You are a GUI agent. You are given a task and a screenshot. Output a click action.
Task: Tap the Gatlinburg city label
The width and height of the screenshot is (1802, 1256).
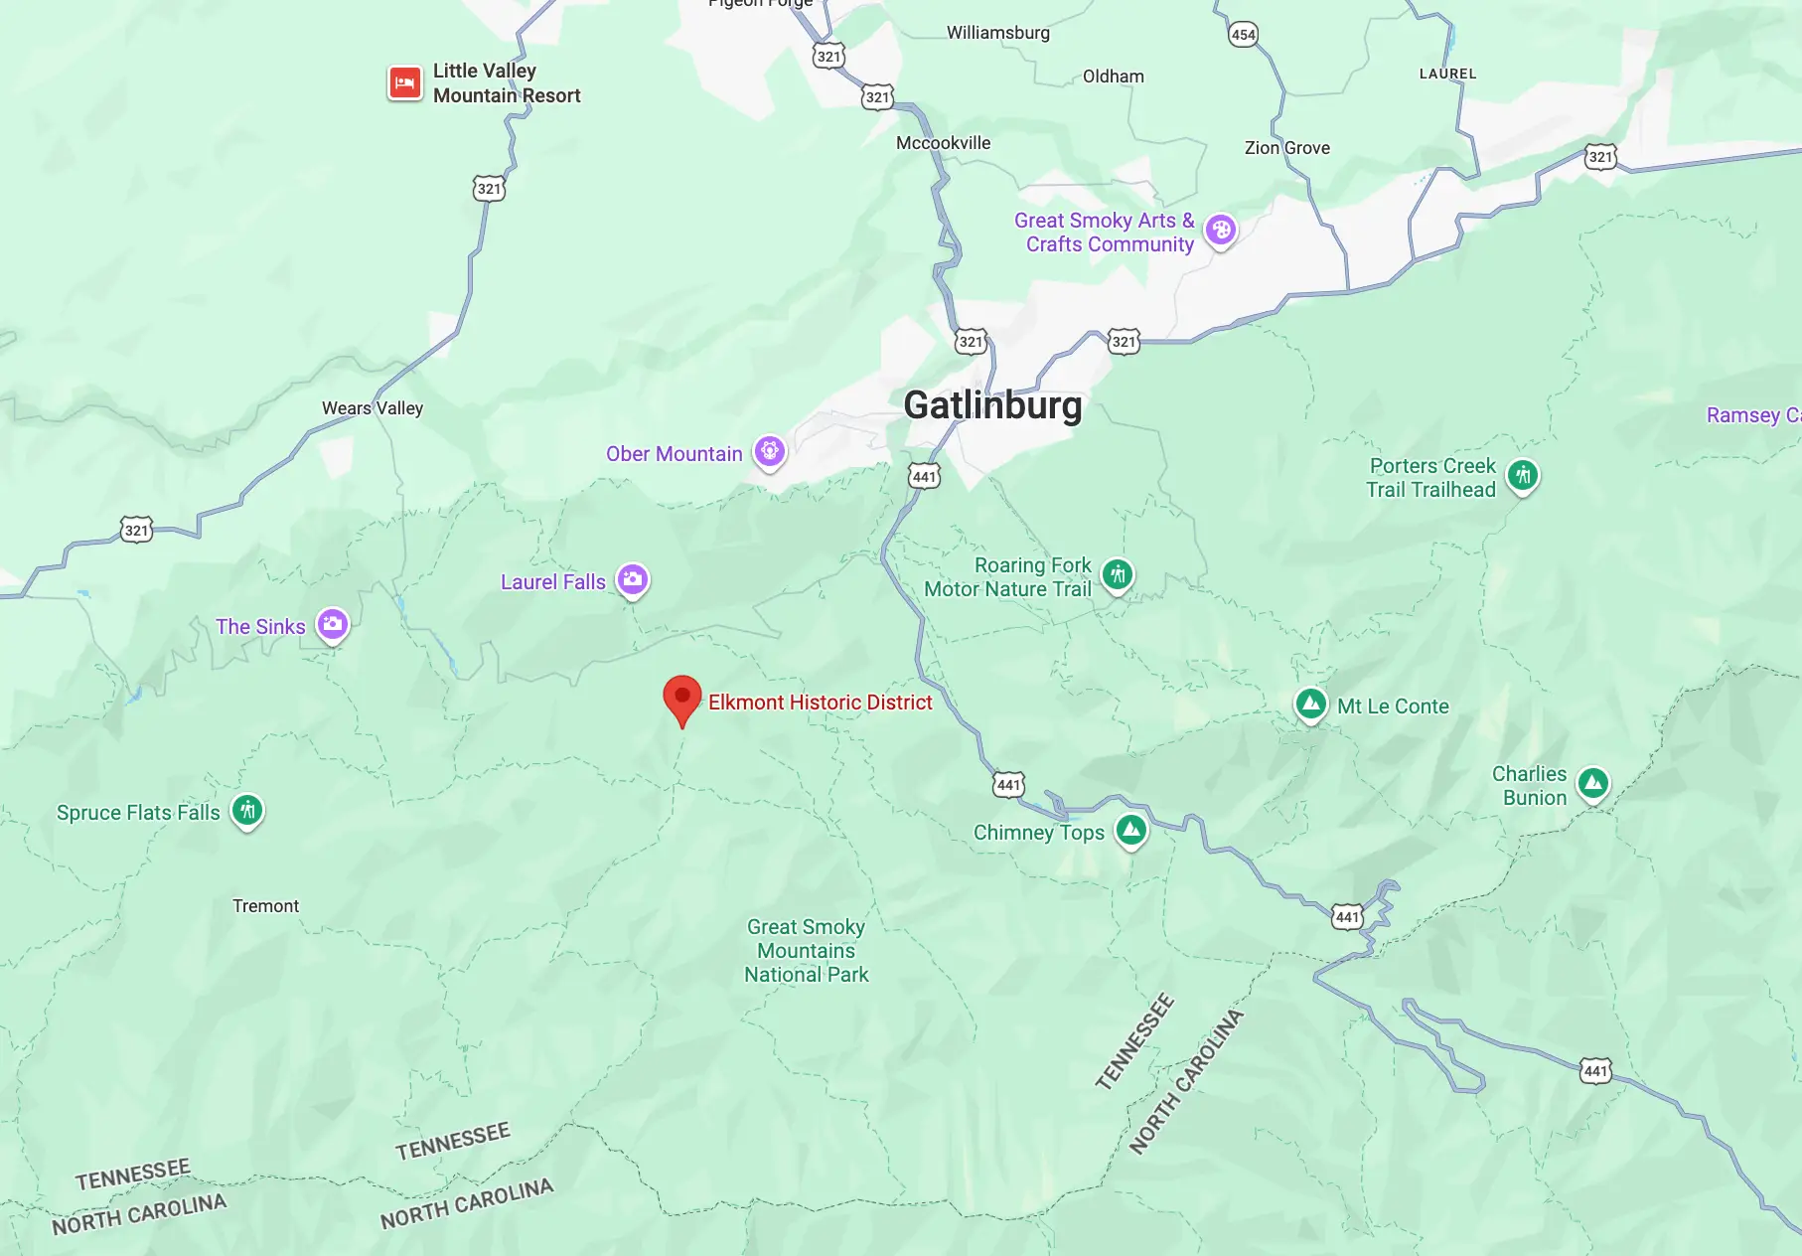pyautogui.click(x=992, y=405)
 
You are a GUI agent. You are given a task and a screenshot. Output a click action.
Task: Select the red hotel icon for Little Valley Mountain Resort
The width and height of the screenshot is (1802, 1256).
pyautogui.click(x=404, y=83)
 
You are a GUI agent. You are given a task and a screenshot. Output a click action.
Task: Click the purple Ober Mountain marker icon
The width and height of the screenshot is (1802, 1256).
pyautogui.click(x=769, y=452)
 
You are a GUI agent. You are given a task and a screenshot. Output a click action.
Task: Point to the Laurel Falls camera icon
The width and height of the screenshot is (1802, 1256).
pyautogui.click(x=633, y=579)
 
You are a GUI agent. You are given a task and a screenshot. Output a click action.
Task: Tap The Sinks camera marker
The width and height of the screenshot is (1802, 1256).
pyautogui.click(x=333, y=625)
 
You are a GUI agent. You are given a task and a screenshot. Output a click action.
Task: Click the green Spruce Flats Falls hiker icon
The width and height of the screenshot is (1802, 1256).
pyautogui.click(x=247, y=811)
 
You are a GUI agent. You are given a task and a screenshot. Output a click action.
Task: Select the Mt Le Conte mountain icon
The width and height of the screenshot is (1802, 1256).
pyautogui.click(x=1311, y=705)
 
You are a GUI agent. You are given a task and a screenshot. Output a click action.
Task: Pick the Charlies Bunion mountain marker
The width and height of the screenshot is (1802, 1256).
pyautogui.click(x=1593, y=783)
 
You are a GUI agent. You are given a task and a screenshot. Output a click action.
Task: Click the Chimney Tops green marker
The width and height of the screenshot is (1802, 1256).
pyautogui.click(x=1130, y=830)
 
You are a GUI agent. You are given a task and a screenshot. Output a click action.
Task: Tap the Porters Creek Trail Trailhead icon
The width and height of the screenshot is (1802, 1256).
pyautogui.click(x=1523, y=475)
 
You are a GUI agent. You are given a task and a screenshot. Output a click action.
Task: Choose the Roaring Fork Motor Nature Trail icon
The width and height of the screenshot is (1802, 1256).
pyautogui.click(x=1118, y=574)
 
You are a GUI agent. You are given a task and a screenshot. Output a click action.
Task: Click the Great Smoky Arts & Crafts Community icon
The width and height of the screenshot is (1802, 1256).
pyautogui.click(x=1221, y=231)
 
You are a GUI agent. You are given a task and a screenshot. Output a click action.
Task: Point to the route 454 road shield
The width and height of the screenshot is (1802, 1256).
pyautogui.click(x=1244, y=35)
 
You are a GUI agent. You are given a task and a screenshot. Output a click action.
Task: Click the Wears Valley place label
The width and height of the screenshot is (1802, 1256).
pyautogui.click(x=373, y=408)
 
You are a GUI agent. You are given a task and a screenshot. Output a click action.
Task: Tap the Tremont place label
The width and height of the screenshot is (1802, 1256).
pyautogui.click(x=265, y=906)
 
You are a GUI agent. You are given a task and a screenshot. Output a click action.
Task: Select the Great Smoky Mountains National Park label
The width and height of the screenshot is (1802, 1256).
pyautogui.click(x=807, y=951)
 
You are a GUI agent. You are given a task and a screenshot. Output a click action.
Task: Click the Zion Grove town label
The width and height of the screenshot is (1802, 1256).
pyautogui.click(x=1286, y=148)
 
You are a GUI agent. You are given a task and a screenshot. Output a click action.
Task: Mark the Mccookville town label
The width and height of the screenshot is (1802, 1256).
pyautogui.click(x=943, y=143)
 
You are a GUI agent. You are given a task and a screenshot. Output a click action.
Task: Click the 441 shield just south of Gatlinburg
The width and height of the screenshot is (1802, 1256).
pyautogui.click(x=924, y=477)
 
